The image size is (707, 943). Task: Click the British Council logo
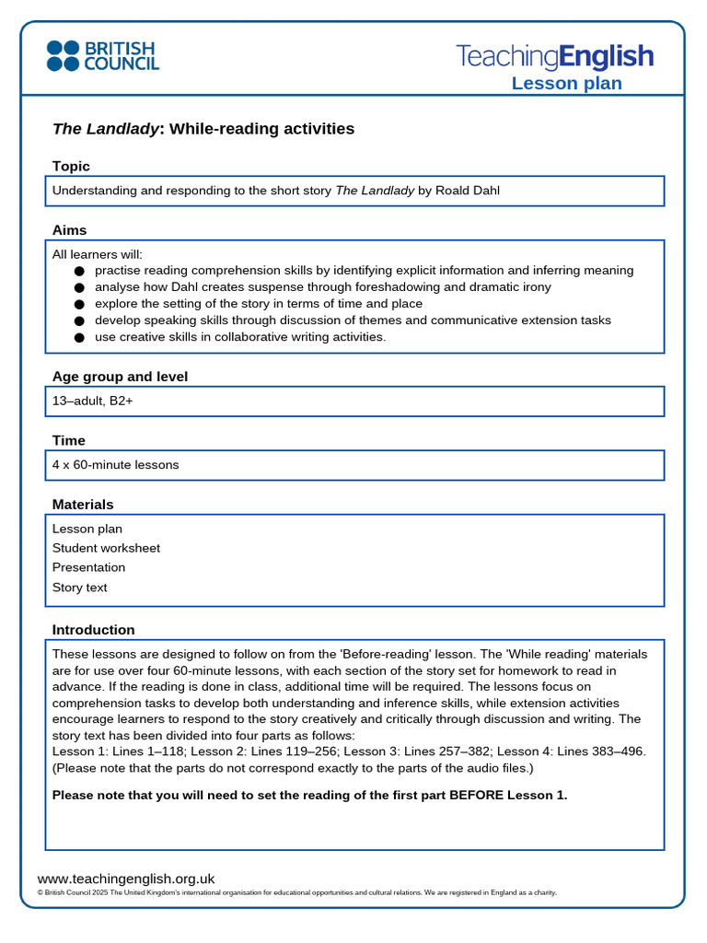(102, 56)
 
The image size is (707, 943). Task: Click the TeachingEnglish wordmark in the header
(554, 56)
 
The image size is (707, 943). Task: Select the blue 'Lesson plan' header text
(566, 84)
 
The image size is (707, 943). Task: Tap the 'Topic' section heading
(71, 166)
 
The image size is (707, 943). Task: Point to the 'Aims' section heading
(69, 230)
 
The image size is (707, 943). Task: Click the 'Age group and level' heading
(120, 377)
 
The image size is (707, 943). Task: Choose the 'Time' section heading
(68, 440)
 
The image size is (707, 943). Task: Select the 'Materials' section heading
(83, 505)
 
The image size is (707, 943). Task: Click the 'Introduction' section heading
(93, 630)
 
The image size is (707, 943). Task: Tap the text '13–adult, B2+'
(92, 402)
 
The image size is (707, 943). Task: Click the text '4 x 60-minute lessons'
(115, 465)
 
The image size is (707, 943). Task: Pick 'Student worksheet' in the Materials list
(106, 548)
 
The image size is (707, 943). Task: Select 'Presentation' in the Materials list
(88, 567)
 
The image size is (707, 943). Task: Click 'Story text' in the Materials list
(79, 588)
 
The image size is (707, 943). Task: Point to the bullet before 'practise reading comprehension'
(79, 272)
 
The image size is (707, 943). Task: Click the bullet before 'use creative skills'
(79, 338)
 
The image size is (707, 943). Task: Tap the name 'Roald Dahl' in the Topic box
(467, 191)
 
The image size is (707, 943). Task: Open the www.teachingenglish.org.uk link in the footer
(125, 879)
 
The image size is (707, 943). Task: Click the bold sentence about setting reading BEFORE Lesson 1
(309, 795)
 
